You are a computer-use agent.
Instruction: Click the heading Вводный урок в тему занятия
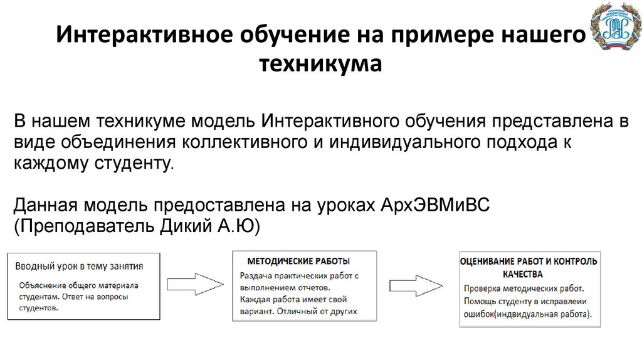pos(79,265)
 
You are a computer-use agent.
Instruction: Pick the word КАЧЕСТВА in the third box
pos(522,274)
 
